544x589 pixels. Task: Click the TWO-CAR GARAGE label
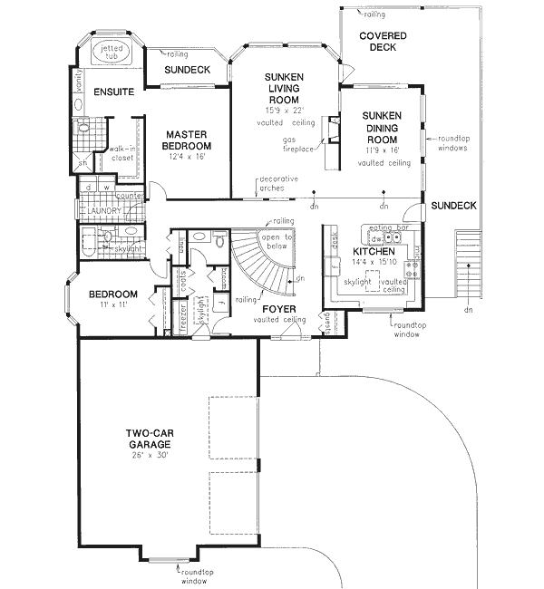tap(151, 439)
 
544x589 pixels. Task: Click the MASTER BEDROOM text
tap(187, 140)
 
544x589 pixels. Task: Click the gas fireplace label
tap(302, 145)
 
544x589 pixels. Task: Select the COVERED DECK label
tap(383, 42)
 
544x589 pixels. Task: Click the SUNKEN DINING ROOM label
tap(381, 128)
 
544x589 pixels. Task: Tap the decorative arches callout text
tap(278, 183)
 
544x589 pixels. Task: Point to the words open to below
tap(277, 240)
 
